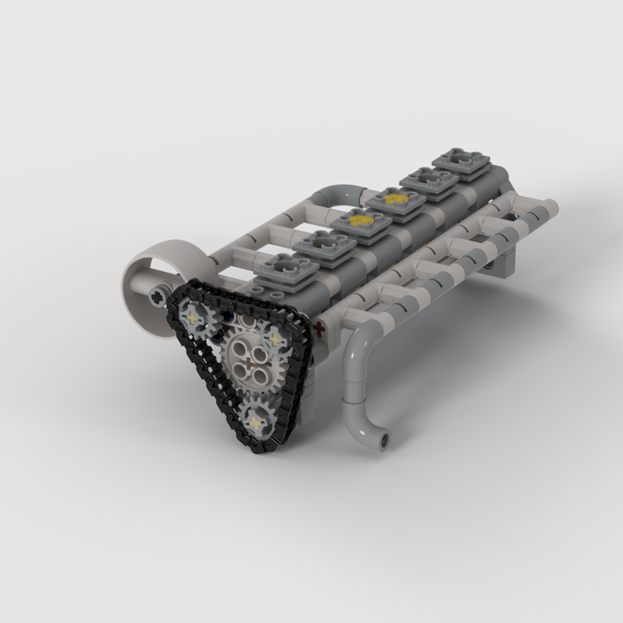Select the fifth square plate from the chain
tap(427, 181)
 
